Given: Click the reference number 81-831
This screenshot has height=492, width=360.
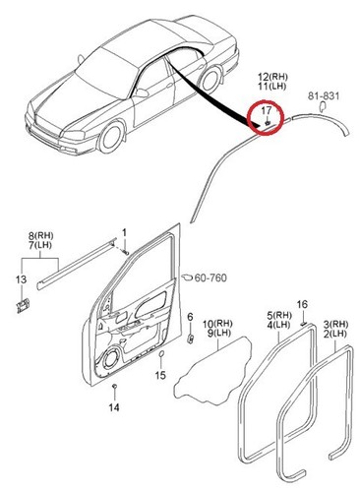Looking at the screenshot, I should coord(325,95).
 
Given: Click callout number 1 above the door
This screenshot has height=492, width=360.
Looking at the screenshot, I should coord(125,232).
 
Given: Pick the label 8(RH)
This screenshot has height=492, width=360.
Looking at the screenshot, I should coord(40,237).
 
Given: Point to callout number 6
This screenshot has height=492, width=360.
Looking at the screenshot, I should coord(189,317).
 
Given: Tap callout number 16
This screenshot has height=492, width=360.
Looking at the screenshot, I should coord(303,304).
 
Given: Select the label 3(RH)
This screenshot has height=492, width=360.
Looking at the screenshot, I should coord(335,324).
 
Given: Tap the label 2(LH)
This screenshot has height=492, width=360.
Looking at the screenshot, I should coord(335,335).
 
